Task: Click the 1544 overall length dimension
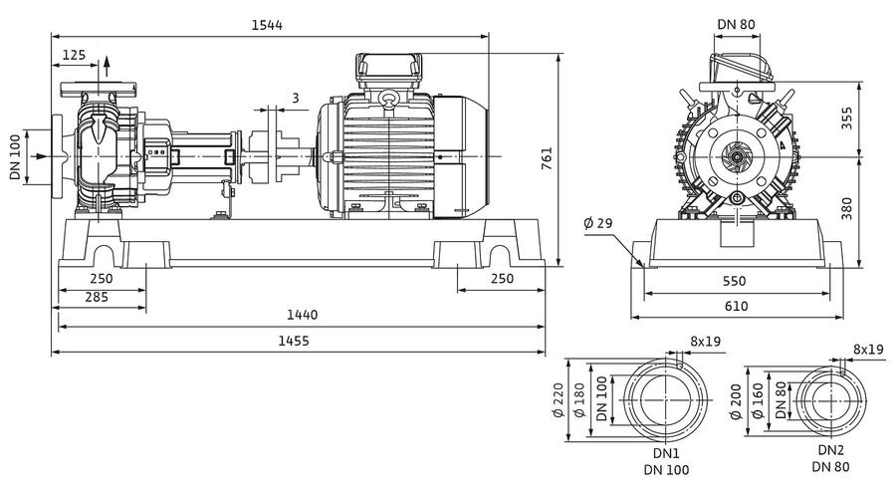click(267, 25)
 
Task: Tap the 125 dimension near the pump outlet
click(74, 55)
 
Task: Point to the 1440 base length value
click(302, 315)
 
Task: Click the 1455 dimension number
click(294, 341)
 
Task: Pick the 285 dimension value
click(97, 297)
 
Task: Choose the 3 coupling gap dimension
click(296, 98)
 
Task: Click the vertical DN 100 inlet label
click(15, 156)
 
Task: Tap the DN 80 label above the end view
click(736, 25)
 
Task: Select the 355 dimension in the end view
click(847, 118)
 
